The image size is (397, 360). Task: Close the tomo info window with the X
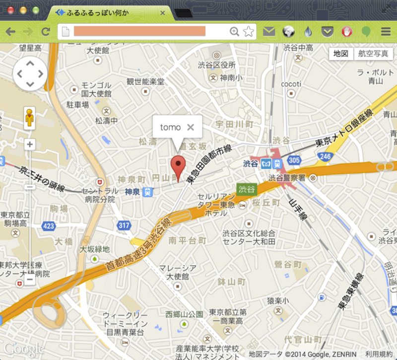(x=190, y=128)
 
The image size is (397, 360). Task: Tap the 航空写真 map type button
(x=374, y=54)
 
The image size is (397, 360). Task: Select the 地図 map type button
(x=341, y=54)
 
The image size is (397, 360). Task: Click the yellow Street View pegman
(x=30, y=118)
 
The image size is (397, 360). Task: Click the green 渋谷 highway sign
(x=247, y=189)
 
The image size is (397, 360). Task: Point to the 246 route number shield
(x=325, y=157)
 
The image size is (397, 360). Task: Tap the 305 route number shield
(x=294, y=160)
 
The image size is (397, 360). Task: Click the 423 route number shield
(x=49, y=226)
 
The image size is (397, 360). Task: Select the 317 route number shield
(x=124, y=226)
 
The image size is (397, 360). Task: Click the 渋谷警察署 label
(x=288, y=177)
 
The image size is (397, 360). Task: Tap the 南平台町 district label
(x=188, y=240)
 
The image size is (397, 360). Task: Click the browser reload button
(x=46, y=32)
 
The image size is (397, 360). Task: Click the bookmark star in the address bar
(x=249, y=32)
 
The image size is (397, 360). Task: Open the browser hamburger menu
(x=386, y=32)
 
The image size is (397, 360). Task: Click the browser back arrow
(x=10, y=32)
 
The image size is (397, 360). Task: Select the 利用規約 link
(x=379, y=354)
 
